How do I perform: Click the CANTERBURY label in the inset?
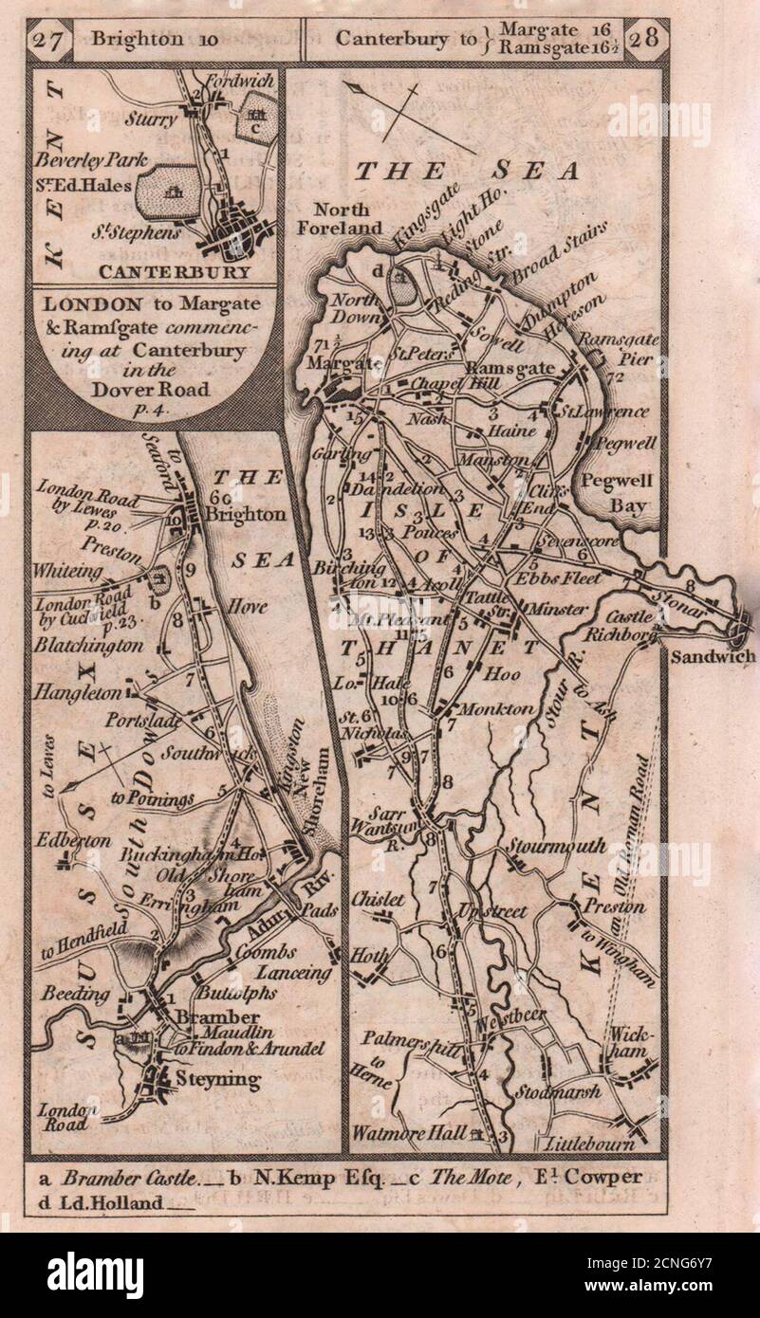tap(196, 272)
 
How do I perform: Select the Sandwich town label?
tap(712, 656)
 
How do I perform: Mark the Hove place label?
tap(246, 607)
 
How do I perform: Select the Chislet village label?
tap(378, 898)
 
